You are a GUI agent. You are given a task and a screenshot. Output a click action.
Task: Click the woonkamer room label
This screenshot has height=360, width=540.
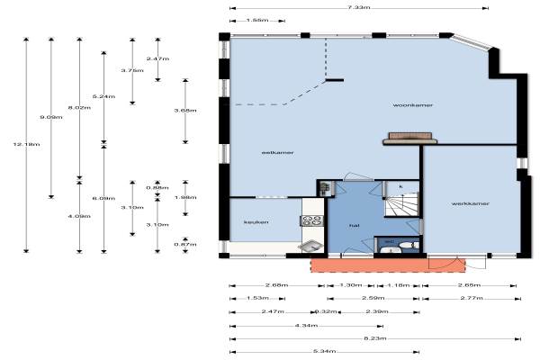coord(413,105)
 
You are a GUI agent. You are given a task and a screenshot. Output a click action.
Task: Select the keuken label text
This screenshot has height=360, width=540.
coord(251,222)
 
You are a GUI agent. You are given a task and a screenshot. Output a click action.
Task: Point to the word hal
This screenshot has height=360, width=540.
coord(356,225)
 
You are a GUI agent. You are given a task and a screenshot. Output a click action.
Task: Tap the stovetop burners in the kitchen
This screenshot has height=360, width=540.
coord(312,221)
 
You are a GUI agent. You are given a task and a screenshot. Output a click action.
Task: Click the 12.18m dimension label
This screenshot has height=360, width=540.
coord(17,145)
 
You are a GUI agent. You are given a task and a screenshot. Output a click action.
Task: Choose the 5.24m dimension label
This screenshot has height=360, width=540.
coord(98,94)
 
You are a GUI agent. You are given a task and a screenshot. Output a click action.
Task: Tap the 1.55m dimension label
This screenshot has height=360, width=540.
coord(256,19)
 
